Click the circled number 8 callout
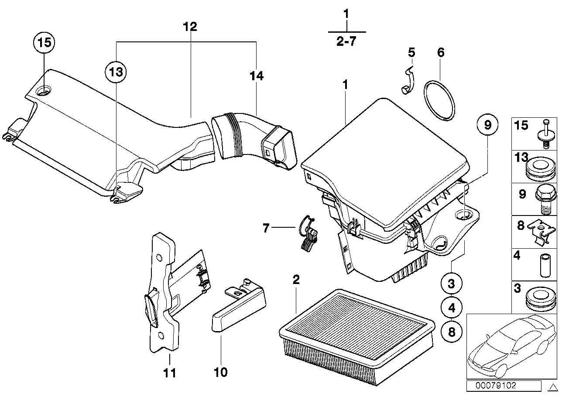pyautogui.click(x=451, y=332)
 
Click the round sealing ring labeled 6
pyautogui.click(x=439, y=99)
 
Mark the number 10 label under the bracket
pyautogui.click(x=221, y=372)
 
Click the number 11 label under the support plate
pyautogui.click(x=169, y=373)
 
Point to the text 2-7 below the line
pyautogui.click(x=346, y=42)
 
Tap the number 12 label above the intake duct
pyautogui.click(x=190, y=27)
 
